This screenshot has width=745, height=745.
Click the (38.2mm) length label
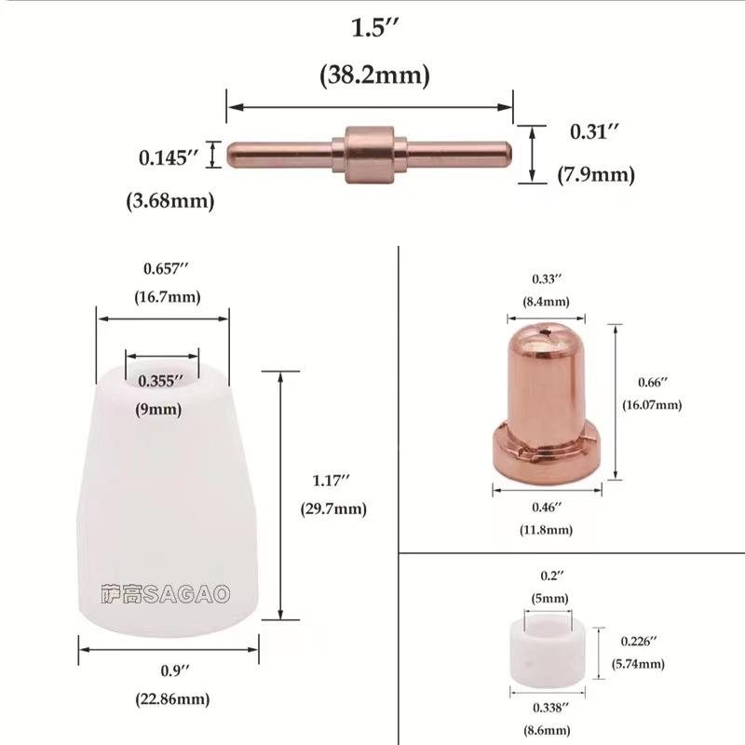(x=374, y=76)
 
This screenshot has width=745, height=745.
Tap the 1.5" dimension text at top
(x=374, y=29)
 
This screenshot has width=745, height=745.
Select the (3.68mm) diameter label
(x=169, y=200)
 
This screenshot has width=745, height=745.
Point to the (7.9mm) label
(x=596, y=174)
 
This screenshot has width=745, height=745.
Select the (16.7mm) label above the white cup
(x=162, y=297)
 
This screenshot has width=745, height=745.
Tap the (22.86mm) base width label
(x=169, y=698)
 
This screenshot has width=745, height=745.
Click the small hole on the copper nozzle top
(x=549, y=329)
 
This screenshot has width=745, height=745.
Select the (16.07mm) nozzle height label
(x=652, y=405)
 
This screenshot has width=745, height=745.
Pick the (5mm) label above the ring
(x=549, y=599)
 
